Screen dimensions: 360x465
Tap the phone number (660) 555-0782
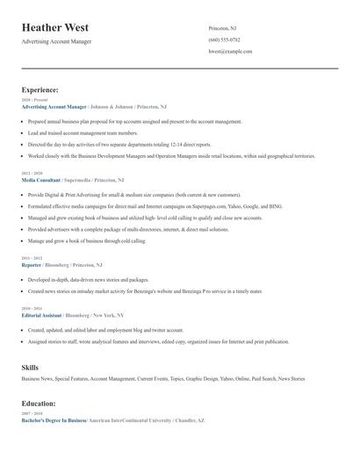coord(225,39)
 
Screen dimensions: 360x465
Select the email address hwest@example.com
coord(230,52)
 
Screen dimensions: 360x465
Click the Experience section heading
coord(40,89)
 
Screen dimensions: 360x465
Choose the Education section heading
coord(39,403)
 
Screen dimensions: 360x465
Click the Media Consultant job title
coord(41,179)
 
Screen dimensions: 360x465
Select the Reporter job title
coord(32,264)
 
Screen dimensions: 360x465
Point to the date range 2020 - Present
coord(31,100)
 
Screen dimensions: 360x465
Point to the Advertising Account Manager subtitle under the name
coord(56,41)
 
